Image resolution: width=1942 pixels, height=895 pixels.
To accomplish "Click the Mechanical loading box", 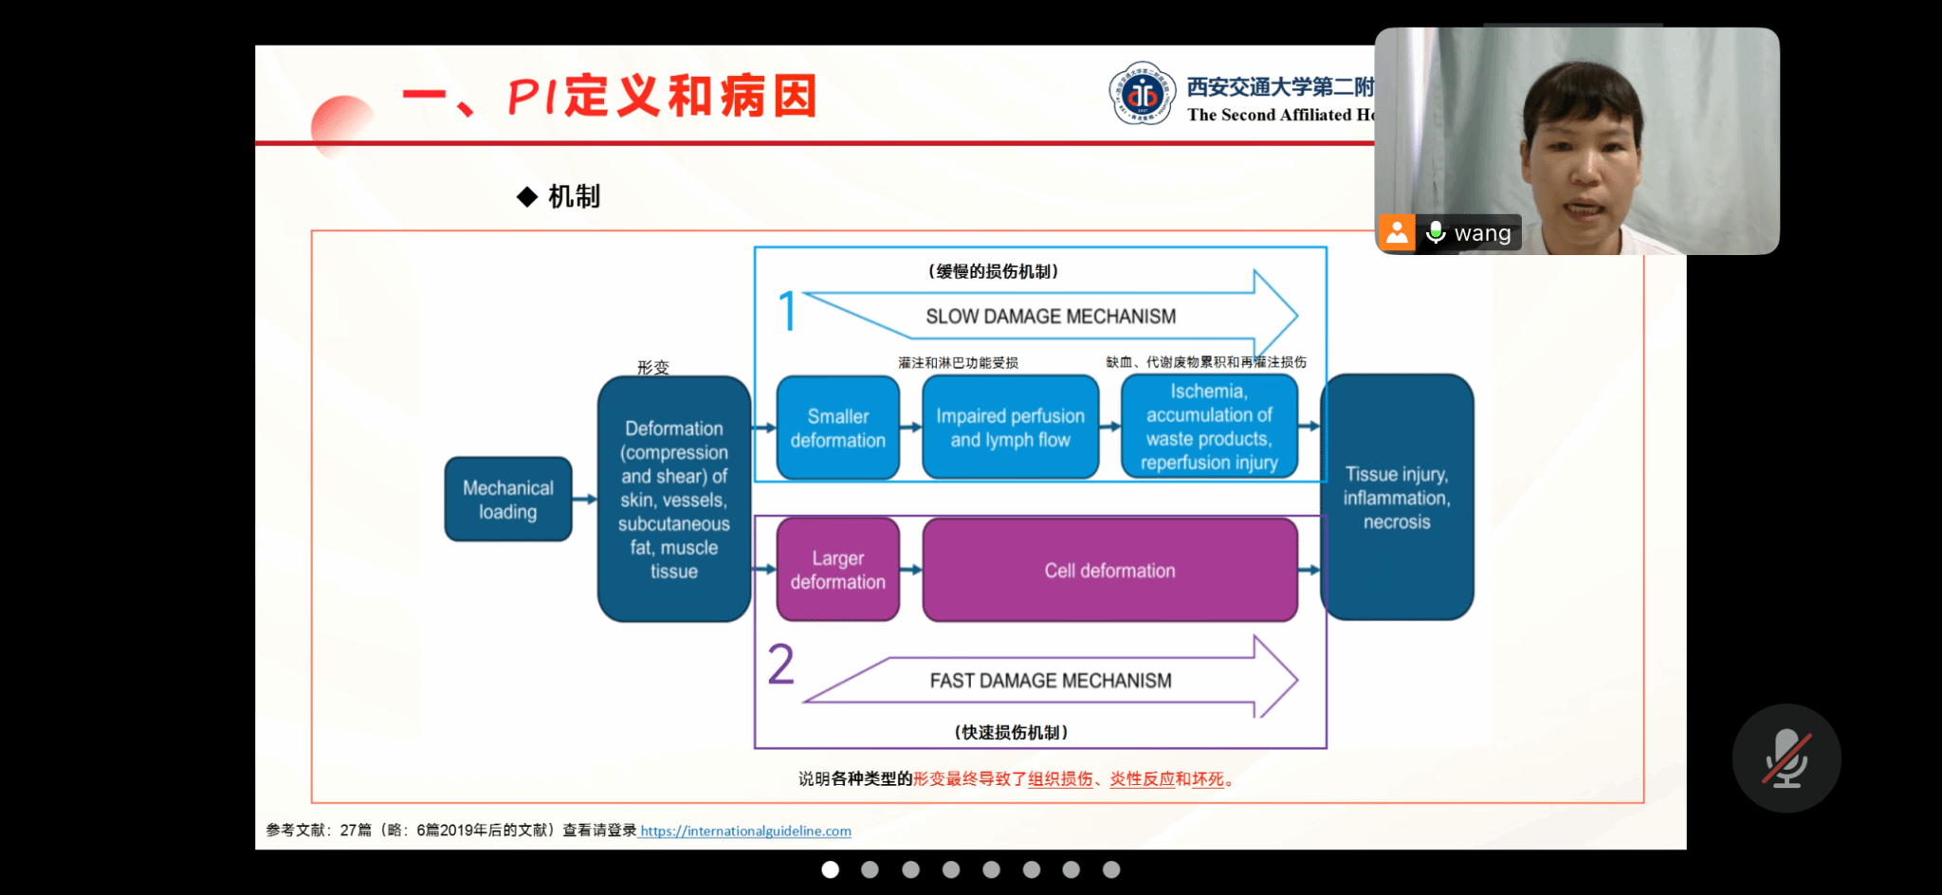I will point(508,499).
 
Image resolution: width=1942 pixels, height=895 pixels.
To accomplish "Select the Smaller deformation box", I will point(837,428).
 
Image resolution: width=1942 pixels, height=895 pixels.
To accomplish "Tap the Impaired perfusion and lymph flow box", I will point(1010,428).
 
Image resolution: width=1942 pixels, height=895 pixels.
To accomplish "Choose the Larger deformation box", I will point(837,570).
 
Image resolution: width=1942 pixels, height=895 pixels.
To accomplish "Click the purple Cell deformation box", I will point(1109,570).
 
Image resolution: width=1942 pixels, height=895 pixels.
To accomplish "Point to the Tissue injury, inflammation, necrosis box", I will point(1397,498).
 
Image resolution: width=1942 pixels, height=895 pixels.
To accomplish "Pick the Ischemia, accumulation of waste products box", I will point(1209,427).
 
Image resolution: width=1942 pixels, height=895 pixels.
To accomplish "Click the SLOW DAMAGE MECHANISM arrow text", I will point(1051,317).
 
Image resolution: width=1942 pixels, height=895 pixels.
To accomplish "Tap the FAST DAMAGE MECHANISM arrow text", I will point(1051,681).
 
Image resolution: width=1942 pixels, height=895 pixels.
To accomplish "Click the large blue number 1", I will point(787,312).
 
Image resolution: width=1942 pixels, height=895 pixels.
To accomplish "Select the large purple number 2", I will point(781,665).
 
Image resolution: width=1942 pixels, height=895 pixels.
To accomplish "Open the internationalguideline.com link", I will point(745,831).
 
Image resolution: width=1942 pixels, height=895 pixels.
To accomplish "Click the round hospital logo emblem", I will point(1143,94).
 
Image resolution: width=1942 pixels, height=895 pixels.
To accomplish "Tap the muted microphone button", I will point(1786,758).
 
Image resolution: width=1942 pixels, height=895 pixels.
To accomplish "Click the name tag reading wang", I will point(1482,233).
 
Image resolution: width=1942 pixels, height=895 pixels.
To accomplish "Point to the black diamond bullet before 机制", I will point(527,196).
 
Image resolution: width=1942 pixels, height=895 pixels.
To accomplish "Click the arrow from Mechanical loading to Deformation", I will point(585,499).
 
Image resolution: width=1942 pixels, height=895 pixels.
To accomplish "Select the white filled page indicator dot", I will point(830,869).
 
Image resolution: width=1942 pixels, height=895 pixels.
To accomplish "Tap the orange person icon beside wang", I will point(1396,232).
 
